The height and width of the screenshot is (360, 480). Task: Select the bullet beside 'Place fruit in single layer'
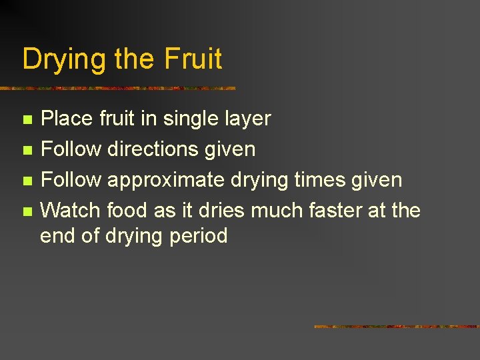pos(26,120)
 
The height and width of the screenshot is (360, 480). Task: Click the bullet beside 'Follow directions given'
pos(26,151)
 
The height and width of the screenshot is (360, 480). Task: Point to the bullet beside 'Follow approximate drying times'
pos(26,181)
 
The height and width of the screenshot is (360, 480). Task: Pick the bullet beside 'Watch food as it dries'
pos(26,212)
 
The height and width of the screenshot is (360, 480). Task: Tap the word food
pos(127,211)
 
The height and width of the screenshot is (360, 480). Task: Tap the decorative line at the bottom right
pos(396,327)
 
